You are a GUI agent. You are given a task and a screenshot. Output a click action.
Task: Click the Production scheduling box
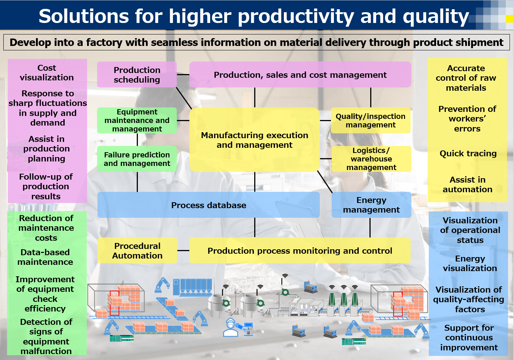137,74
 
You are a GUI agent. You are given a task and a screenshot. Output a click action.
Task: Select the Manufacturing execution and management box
255,140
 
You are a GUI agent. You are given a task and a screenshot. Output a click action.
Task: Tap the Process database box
208,205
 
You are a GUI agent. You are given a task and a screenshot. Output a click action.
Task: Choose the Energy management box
371,205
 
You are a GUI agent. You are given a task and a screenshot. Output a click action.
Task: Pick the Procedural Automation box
137,250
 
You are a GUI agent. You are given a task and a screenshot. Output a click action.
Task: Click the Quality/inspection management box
371,120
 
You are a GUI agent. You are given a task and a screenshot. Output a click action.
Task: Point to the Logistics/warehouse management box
371,159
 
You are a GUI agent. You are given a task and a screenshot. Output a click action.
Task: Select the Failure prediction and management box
137,159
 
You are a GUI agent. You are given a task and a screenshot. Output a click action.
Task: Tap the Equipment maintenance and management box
137,120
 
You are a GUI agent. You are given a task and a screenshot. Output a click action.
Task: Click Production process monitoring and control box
300,250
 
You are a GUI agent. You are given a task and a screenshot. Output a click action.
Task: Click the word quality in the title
436,17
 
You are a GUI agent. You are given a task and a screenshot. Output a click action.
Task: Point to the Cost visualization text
47,73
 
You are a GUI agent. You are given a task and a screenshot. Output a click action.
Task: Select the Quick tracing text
468,153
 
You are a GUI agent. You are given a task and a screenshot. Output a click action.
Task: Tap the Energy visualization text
470,263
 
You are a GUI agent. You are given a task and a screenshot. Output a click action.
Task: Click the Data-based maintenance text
45,257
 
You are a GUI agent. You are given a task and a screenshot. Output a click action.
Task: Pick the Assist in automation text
467,184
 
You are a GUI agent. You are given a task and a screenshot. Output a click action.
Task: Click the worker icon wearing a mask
231,327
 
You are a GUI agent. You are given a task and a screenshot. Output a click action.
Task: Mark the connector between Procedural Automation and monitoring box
183,250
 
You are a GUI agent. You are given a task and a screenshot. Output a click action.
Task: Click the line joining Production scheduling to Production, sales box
183,74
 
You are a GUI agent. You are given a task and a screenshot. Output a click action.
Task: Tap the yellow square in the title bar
510,19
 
